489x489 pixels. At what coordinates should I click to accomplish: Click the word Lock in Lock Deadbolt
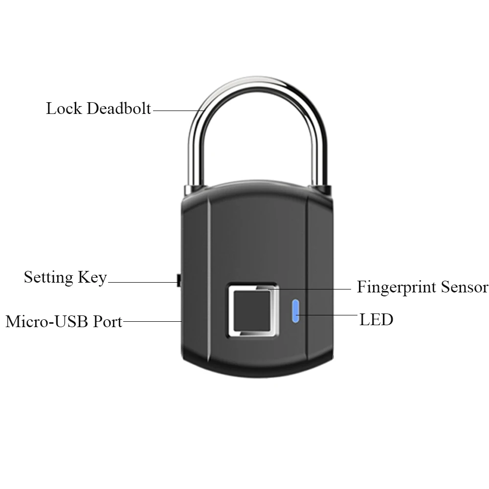[x=64, y=108]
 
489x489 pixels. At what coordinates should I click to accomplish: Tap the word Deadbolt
[x=119, y=108]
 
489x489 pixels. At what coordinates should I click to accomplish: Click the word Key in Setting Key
[x=91, y=278]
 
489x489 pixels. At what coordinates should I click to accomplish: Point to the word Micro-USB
[x=43, y=322]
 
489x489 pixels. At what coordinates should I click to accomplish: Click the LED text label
[x=376, y=320]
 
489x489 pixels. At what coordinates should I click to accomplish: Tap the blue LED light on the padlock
[x=296, y=312]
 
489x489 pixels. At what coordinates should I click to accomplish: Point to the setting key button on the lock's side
[x=178, y=280]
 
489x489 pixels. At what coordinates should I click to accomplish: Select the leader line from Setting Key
[x=142, y=282]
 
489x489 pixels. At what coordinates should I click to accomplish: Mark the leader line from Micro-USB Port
[x=152, y=321]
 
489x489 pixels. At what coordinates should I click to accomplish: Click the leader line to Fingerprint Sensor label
[x=313, y=289]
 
